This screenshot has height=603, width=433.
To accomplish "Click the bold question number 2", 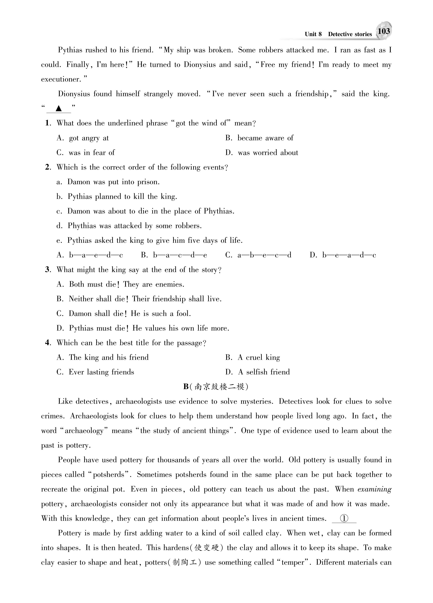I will [x=48, y=167].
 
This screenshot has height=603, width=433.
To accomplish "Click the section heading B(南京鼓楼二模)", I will [x=216, y=387].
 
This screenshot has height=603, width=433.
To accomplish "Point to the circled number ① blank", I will [x=344, y=519].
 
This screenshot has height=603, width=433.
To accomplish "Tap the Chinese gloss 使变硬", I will [x=207, y=548].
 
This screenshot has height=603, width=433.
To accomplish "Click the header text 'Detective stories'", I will [x=350, y=34].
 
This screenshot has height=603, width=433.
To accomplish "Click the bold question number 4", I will [x=48, y=343].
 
